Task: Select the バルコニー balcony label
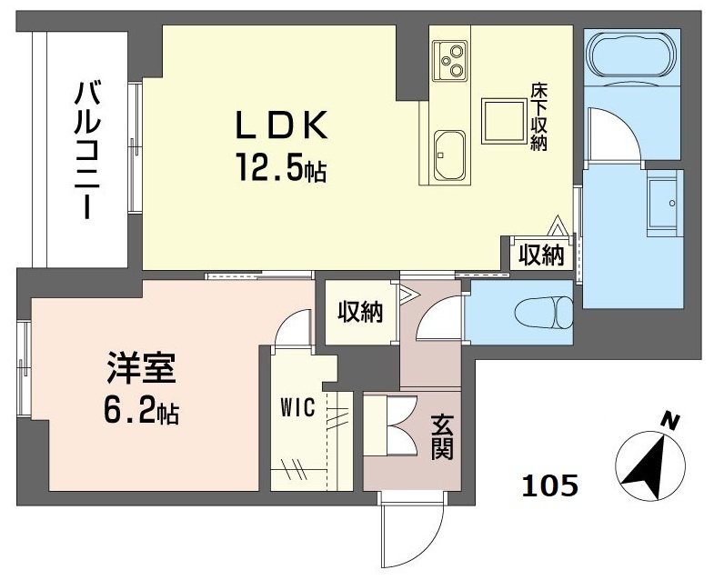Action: tap(88, 150)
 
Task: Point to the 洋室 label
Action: tap(140, 372)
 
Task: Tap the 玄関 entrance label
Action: tap(442, 437)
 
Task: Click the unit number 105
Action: tap(549, 486)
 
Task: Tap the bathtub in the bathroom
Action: tap(631, 57)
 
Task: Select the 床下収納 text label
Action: tap(538, 117)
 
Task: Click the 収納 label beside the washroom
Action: tap(541, 256)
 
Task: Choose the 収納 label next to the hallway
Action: tap(360, 313)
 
